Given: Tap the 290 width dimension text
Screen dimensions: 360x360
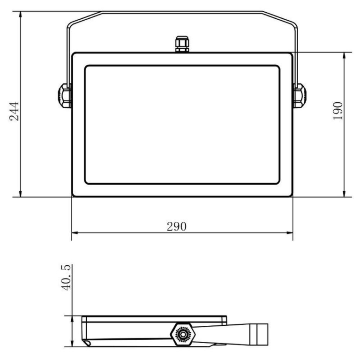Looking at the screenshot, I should click(x=177, y=226).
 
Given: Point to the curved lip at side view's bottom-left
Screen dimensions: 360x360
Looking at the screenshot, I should click(x=87, y=344).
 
